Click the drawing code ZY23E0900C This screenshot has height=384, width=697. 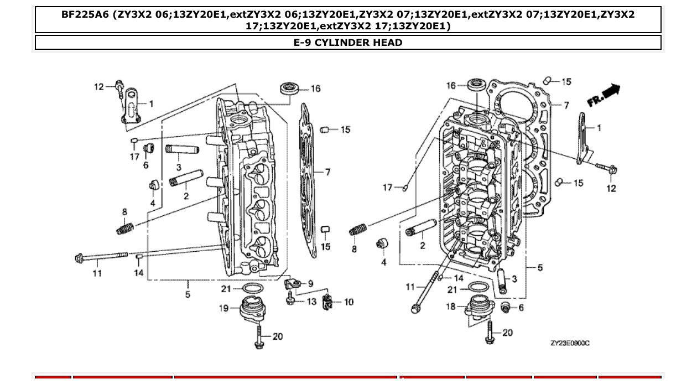570,343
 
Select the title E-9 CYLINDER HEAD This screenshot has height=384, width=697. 348,43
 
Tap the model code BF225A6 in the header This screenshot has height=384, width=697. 85,15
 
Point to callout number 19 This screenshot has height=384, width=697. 223,308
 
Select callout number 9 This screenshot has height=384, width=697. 310,283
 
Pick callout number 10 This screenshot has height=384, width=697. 348,302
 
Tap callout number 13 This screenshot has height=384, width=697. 311,302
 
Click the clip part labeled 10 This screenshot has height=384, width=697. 327,302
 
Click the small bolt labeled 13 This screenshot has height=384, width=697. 289,300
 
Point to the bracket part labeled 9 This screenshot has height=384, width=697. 292,283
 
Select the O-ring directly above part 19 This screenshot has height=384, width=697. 252,288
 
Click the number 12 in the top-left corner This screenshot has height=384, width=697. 98,86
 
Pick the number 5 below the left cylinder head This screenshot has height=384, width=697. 188,294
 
